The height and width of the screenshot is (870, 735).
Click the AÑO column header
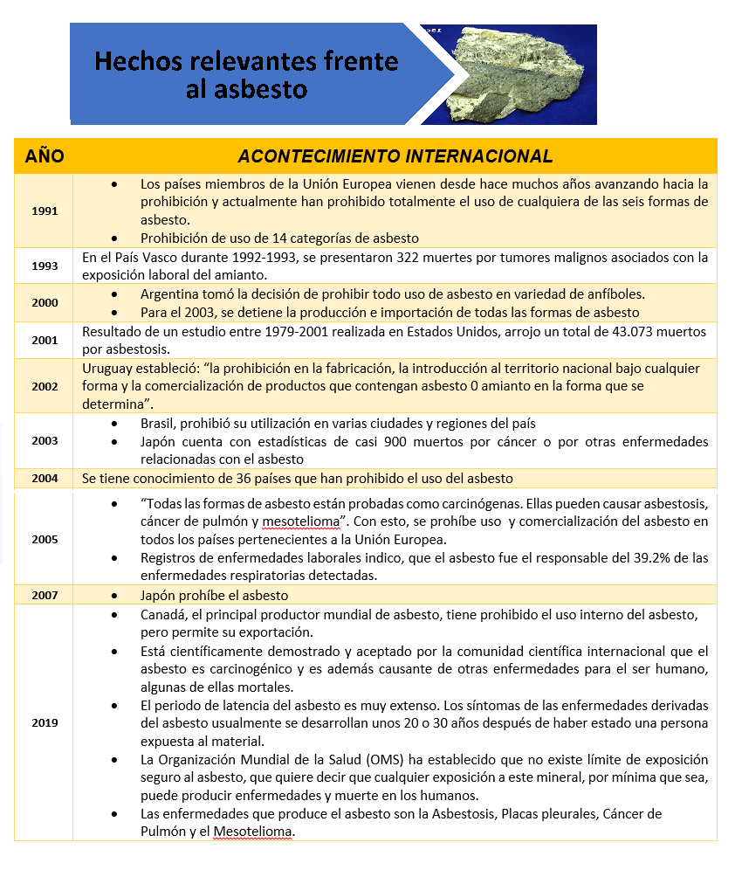44,156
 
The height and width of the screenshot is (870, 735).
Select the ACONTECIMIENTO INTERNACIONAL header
395,156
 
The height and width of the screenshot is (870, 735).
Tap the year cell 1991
44,211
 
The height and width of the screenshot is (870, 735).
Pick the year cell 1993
44,266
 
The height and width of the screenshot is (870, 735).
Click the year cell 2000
44,302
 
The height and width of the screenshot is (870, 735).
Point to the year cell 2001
44,340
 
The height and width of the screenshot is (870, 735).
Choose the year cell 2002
44,385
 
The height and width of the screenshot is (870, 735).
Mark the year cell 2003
44,440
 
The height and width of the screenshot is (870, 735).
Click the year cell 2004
44,478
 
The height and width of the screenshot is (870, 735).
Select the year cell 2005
44,539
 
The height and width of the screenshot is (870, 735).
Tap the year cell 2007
44,595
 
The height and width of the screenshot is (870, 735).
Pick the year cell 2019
44,722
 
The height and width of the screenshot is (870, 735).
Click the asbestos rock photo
520,75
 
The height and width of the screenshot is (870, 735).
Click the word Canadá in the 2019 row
165,614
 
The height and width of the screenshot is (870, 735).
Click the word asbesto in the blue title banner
260,88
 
